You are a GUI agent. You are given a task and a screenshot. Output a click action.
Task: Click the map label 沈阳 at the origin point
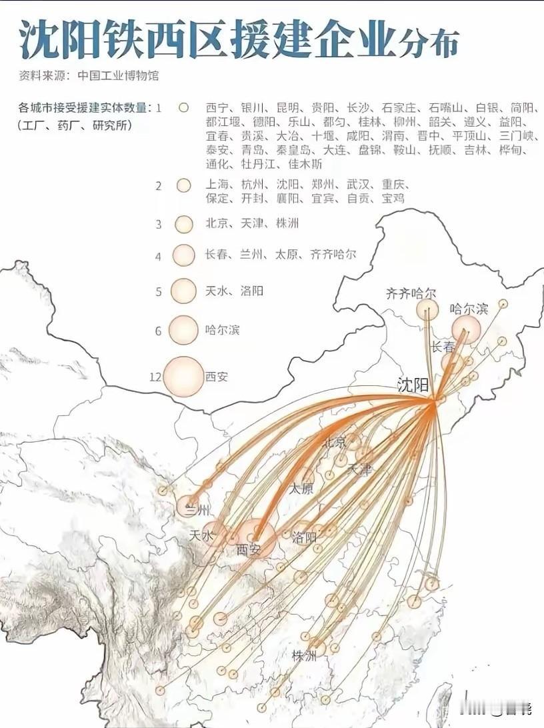coord(412,385)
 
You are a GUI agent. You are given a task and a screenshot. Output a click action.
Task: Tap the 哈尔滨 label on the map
coord(469,309)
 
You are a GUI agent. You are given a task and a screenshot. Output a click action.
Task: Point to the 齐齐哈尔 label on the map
coord(411,293)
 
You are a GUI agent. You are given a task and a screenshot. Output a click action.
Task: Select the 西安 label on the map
coord(249,551)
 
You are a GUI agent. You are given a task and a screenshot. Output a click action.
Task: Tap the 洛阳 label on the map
coord(304,537)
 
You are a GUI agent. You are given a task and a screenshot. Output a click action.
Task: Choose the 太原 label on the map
coord(301,488)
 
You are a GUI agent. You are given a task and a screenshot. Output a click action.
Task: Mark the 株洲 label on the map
coord(304,656)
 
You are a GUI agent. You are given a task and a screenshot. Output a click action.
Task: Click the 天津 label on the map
coord(360,470)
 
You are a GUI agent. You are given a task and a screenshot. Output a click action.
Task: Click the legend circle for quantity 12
coord(183,377)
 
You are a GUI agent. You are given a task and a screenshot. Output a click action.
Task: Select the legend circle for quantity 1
coord(184,107)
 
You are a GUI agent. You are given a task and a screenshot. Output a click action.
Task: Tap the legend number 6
coord(159,331)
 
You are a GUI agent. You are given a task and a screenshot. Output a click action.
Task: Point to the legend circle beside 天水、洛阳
coord(183,291)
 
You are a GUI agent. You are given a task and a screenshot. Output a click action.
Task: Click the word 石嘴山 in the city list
coord(447,107)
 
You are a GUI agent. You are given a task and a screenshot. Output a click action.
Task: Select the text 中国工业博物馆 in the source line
coord(117,75)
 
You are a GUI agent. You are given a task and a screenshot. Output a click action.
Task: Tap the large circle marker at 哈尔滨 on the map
coord(466,329)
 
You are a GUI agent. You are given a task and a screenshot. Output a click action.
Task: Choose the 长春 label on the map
coord(443,347)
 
